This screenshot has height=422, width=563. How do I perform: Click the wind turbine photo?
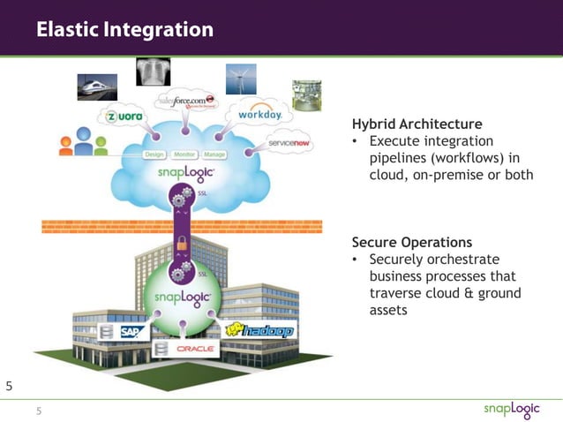[x=241, y=79]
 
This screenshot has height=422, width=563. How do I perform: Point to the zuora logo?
[x=124, y=117]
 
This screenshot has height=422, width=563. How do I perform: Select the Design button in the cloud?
[x=154, y=154]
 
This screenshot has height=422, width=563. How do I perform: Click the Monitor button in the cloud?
[x=184, y=154]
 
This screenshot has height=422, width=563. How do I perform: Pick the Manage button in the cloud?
[x=215, y=154]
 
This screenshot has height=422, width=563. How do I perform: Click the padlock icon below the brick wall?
[x=182, y=242]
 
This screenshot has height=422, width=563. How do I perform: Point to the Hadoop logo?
[x=259, y=330]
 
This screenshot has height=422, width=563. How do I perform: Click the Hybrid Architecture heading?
[x=417, y=124]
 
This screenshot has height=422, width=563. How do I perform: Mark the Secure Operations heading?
[x=411, y=242]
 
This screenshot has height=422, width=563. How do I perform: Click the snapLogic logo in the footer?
[x=514, y=410]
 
